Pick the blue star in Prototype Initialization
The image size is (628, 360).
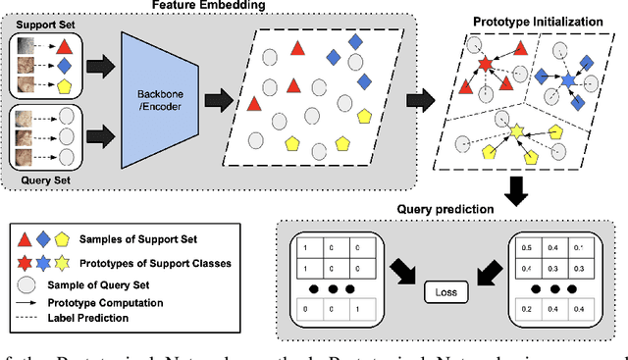[565, 76]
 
